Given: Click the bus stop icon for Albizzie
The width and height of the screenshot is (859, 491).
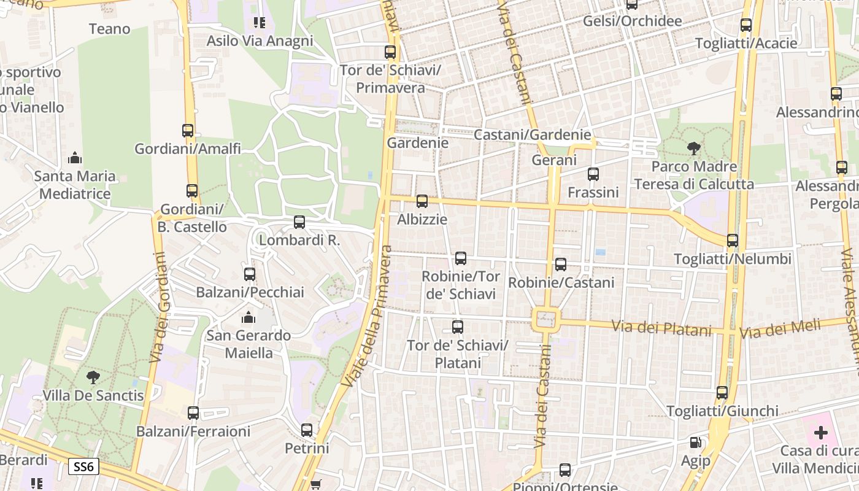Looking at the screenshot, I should click(x=422, y=201).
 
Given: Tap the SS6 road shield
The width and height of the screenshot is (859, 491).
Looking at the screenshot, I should click(x=83, y=466).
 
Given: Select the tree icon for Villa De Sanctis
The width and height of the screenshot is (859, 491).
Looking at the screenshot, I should click(x=93, y=377).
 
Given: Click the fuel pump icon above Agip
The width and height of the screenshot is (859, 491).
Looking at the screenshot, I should click(x=695, y=442).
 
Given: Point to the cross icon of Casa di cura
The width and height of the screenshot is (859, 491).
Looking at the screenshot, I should click(x=820, y=433).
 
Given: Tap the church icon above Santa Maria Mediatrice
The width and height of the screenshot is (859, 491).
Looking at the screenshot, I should click(x=75, y=158).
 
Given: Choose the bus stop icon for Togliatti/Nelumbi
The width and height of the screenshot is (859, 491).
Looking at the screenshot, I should click(x=733, y=240).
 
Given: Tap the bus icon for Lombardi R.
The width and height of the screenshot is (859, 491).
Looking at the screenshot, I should click(x=299, y=222).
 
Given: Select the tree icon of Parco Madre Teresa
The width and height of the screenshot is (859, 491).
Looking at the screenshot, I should click(x=694, y=148).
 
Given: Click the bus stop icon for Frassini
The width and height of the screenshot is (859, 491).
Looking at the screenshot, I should click(x=593, y=174).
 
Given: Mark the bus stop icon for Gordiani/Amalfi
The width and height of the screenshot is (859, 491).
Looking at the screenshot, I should click(x=188, y=130).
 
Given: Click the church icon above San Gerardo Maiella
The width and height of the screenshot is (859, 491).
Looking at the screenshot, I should click(x=248, y=317).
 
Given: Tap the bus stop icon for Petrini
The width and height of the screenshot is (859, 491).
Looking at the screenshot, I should click(x=307, y=430).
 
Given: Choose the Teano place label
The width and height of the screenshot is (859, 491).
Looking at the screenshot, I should click(x=110, y=29).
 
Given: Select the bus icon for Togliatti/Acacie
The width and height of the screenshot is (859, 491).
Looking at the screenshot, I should click(x=746, y=25).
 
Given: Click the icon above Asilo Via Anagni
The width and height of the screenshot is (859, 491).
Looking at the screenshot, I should click(x=260, y=23).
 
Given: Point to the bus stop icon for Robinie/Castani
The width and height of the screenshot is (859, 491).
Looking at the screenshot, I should click(x=561, y=264).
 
